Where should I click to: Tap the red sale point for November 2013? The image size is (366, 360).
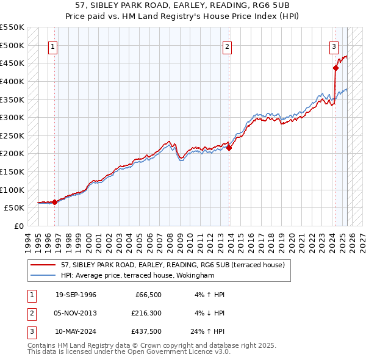(x=229, y=147)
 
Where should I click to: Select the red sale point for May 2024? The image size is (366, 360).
(x=335, y=68)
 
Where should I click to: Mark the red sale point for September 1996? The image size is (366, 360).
(x=54, y=201)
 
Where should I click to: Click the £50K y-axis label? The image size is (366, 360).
(x=13, y=207)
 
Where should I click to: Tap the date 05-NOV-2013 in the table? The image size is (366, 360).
(x=76, y=314)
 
